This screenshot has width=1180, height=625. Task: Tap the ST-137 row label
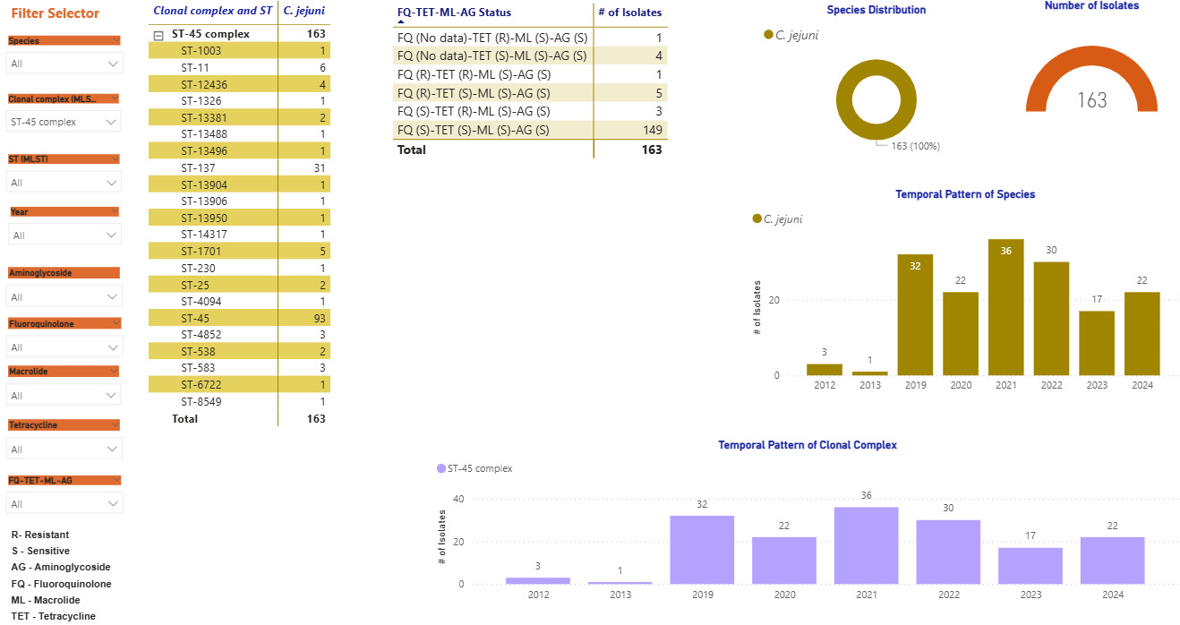197,167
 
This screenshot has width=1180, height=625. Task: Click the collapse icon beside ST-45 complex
158,34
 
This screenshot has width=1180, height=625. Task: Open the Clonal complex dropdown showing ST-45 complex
64,122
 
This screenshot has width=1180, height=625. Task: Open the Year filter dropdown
64,235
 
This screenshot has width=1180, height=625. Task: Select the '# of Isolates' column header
629,12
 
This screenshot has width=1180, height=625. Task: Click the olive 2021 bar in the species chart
1005,307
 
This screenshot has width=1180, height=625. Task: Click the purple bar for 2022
948,552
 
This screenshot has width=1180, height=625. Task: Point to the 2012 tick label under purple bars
538,595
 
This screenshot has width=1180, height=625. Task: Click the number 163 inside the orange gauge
1091,100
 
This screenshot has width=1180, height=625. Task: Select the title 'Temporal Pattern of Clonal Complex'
807,445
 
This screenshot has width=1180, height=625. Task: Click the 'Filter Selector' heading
55,13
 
